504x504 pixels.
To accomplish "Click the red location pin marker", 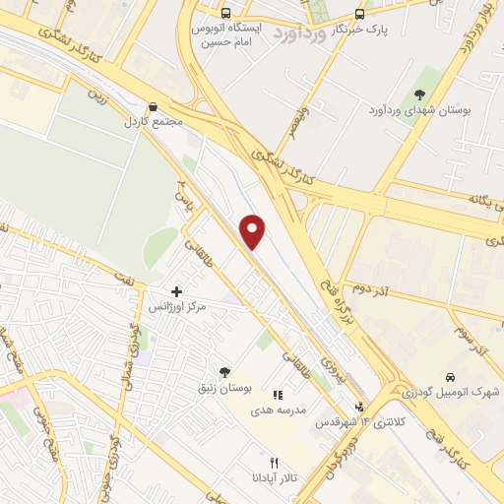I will click(x=254, y=230).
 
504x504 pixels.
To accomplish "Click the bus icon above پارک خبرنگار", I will click(x=359, y=14).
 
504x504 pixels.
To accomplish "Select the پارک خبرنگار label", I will click(x=359, y=30).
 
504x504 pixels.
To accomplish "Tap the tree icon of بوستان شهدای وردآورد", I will click(x=420, y=94).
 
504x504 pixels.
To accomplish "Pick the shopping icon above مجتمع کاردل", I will click(x=152, y=107).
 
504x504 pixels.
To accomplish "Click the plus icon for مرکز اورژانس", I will click(x=176, y=291).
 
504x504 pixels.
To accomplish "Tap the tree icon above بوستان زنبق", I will click(x=224, y=372).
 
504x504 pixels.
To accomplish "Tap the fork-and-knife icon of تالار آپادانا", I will click(x=276, y=462).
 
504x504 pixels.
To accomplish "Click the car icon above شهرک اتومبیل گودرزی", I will click(x=450, y=377).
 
